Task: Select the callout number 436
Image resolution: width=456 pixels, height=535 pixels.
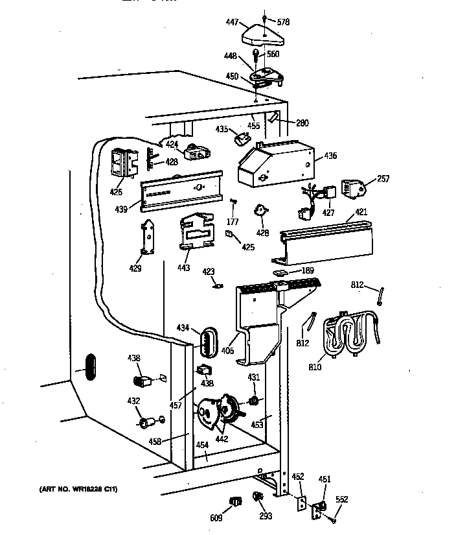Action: point(330,156)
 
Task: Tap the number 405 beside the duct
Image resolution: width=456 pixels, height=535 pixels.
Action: point(227,351)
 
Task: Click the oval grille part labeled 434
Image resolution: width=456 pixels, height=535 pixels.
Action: point(206,341)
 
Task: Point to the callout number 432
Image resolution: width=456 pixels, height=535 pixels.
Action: point(133,401)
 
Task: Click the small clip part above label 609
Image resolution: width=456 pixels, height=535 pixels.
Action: point(235,501)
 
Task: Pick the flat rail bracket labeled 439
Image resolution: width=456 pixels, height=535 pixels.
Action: point(183,189)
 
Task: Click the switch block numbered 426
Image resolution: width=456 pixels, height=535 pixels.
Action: point(124,163)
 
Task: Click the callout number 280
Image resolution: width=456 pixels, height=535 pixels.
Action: point(302,123)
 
